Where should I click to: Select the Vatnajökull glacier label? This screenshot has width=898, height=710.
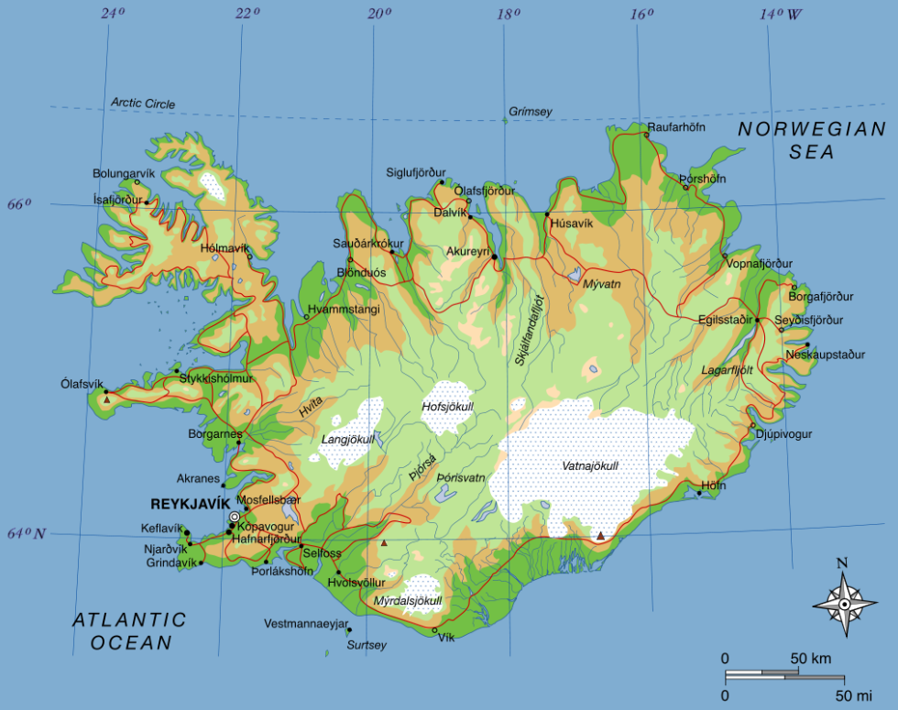coord(590,466)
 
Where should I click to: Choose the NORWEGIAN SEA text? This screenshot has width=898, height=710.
coord(813,141)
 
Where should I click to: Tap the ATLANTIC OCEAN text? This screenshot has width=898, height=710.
coord(129,631)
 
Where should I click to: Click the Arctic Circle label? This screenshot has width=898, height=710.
coord(143,104)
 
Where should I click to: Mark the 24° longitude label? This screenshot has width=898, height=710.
coord(112,14)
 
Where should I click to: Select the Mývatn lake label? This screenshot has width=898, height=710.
coord(602,284)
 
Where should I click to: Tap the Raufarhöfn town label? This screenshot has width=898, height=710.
coord(676,127)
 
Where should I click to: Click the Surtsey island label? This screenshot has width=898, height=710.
coord(367,645)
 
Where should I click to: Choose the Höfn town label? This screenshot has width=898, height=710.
coord(713,485)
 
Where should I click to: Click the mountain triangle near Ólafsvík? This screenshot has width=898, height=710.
coord(107,399)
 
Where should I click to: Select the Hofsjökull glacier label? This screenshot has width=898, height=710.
coord(447,406)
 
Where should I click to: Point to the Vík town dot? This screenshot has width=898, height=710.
coord(434,630)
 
